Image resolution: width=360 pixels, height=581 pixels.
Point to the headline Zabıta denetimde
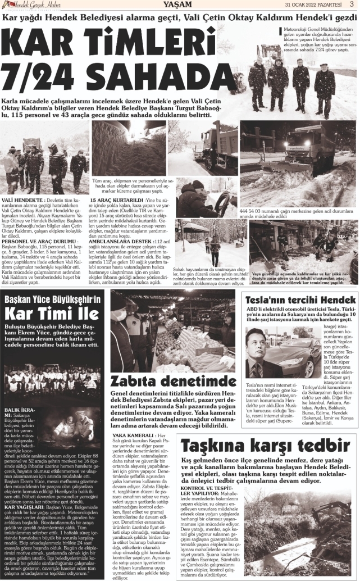click(x=173, y=380)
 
